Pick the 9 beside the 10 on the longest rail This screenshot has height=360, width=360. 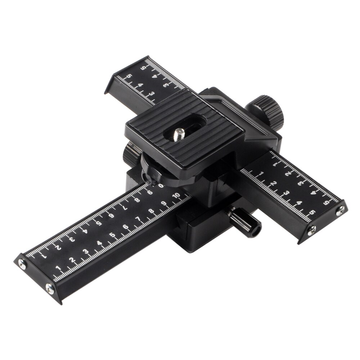point(164,203)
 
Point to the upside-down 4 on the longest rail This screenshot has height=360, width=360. point(85,231)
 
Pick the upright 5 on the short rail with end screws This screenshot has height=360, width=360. point(311,212)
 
